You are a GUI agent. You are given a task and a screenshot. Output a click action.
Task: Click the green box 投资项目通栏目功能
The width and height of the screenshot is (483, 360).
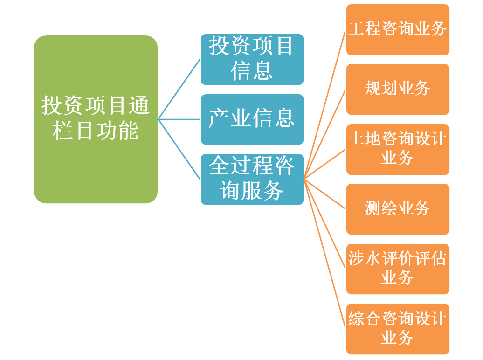96,119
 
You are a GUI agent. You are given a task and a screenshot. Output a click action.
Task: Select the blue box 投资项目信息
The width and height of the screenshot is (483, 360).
252,59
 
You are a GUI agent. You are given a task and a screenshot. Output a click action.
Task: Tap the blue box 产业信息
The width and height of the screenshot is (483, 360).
252,119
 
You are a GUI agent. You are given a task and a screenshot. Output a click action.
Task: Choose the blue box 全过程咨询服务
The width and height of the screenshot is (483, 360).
252,179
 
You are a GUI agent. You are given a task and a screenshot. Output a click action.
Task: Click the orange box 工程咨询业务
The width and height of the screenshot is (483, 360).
397,29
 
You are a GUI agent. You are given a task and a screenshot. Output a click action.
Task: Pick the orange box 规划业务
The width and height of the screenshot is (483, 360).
397,89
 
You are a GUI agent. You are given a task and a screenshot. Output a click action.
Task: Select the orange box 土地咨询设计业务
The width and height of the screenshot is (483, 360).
397,149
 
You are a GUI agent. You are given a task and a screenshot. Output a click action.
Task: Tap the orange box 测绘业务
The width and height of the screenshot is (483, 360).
397,209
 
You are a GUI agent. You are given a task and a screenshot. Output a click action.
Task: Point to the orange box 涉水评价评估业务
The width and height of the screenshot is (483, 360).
397,269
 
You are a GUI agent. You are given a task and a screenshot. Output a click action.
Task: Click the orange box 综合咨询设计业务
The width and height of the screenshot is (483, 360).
397,329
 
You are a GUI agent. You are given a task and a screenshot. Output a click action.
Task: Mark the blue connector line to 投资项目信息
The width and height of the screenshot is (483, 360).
179,89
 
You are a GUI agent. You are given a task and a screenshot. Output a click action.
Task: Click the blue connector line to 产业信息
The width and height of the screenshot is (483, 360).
179,119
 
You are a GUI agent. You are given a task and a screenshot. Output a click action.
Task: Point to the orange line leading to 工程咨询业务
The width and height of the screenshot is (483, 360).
325,104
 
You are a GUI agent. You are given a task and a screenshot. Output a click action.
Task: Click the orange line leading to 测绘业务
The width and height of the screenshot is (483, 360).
325,194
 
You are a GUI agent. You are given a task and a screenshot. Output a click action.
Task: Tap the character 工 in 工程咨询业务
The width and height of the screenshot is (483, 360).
357,28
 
